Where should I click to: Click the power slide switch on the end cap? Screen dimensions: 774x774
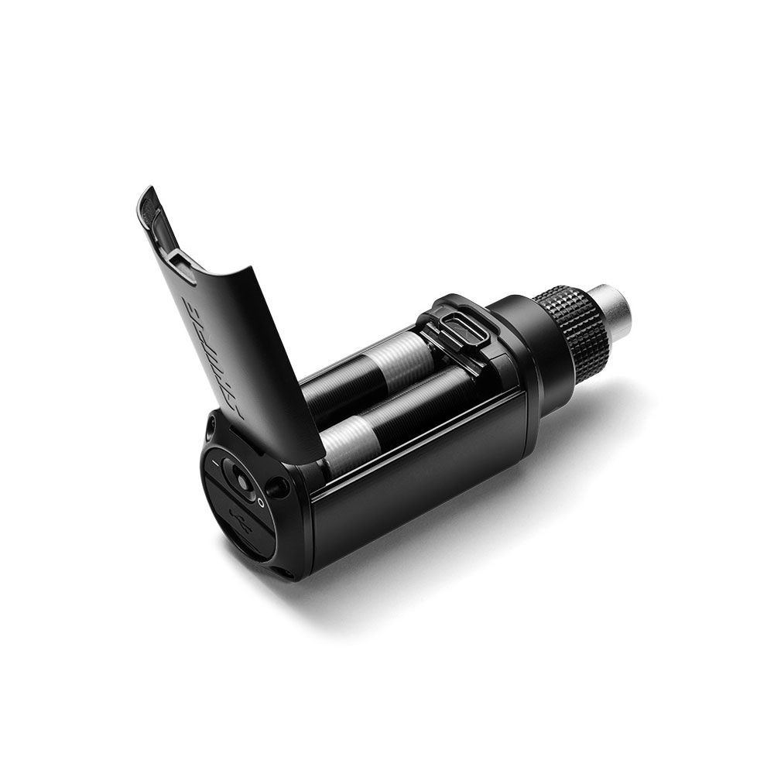coord(241,481)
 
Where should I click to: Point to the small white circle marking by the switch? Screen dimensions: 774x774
coord(262,502)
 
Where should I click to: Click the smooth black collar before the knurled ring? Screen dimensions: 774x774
coord(522,341)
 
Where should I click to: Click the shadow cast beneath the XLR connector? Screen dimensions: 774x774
coord(611,402)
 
